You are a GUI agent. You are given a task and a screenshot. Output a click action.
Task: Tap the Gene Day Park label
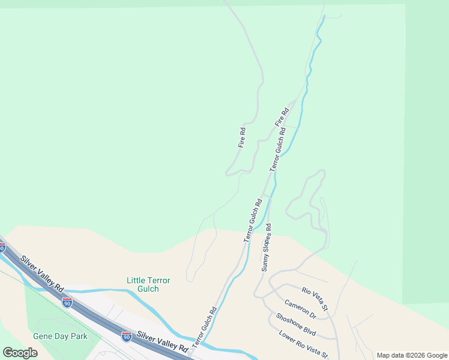[x=60, y=336]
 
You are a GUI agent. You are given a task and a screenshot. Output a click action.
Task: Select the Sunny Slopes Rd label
[x=267, y=248]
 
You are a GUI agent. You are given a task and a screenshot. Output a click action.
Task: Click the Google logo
[x=20, y=353]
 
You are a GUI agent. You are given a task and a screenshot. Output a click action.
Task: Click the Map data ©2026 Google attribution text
[x=412, y=355]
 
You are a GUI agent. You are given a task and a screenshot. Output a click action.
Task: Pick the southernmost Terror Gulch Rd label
[x=205, y=328]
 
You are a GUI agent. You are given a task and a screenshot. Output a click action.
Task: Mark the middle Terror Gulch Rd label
[x=253, y=220]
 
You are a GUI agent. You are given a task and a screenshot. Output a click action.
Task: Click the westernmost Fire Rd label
[x=242, y=137]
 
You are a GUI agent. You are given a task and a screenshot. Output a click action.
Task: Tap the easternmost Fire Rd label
[x=282, y=116]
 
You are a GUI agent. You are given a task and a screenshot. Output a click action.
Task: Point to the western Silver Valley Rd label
[x=42, y=275]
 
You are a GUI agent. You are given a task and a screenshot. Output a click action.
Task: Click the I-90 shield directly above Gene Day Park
[x=67, y=302]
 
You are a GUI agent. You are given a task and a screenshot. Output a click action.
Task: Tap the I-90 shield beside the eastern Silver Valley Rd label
[x=126, y=337]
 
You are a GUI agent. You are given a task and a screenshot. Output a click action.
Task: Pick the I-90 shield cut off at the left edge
[x=2, y=247]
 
